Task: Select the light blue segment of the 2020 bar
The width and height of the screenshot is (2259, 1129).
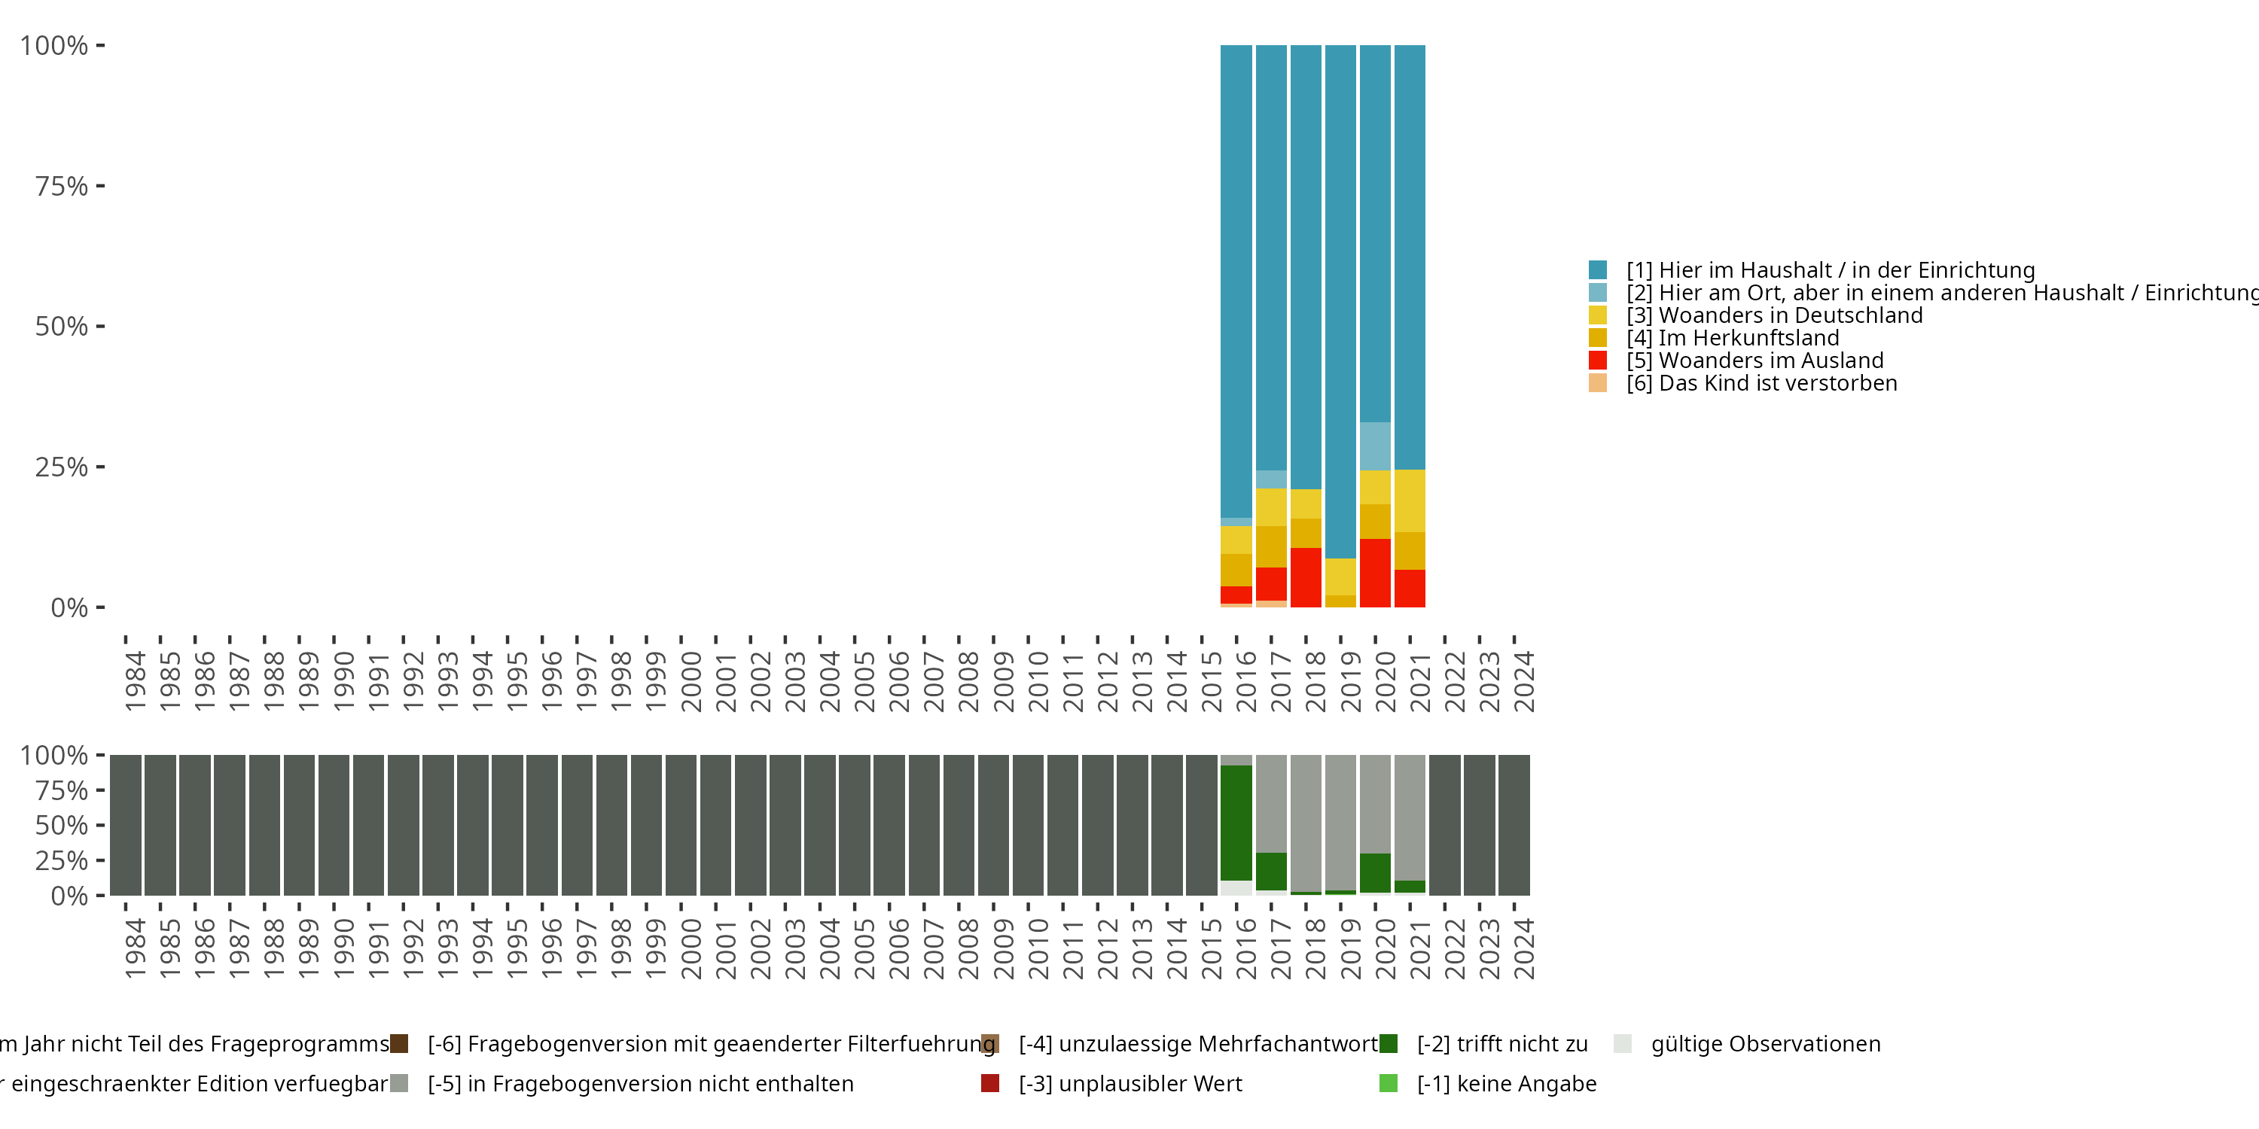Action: pyautogui.click(x=1374, y=446)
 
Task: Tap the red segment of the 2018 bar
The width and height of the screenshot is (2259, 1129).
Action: pyautogui.click(x=1306, y=577)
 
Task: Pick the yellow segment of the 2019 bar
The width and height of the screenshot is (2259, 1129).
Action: pyautogui.click(x=1340, y=576)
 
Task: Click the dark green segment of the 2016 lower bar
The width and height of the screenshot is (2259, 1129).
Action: pyautogui.click(x=1236, y=822)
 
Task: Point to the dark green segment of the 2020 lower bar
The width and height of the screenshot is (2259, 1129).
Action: pyautogui.click(x=1374, y=872)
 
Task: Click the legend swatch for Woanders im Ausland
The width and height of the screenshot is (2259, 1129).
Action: pyautogui.click(x=1598, y=361)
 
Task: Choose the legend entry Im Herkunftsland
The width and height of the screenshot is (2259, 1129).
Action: pyautogui.click(x=1748, y=337)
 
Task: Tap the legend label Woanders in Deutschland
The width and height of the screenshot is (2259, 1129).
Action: pyautogui.click(x=1790, y=315)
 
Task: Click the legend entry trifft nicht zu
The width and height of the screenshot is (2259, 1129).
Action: pyautogui.click(x=1501, y=1044)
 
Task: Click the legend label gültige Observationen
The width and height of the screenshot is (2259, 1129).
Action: pyautogui.click(x=1764, y=1044)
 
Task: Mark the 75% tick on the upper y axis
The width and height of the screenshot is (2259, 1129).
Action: pyautogui.click(x=62, y=186)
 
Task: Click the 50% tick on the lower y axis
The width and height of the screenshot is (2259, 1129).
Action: pyautogui.click(x=62, y=825)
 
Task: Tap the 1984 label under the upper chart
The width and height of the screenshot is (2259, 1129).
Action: pyautogui.click(x=134, y=681)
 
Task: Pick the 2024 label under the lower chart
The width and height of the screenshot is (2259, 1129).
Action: pyautogui.click(x=1523, y=948)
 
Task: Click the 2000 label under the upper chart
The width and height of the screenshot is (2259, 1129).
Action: pyautogui.click(x=691, y=681)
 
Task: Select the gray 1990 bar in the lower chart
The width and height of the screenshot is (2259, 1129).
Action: pyautogui.click(x=334, y=824)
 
